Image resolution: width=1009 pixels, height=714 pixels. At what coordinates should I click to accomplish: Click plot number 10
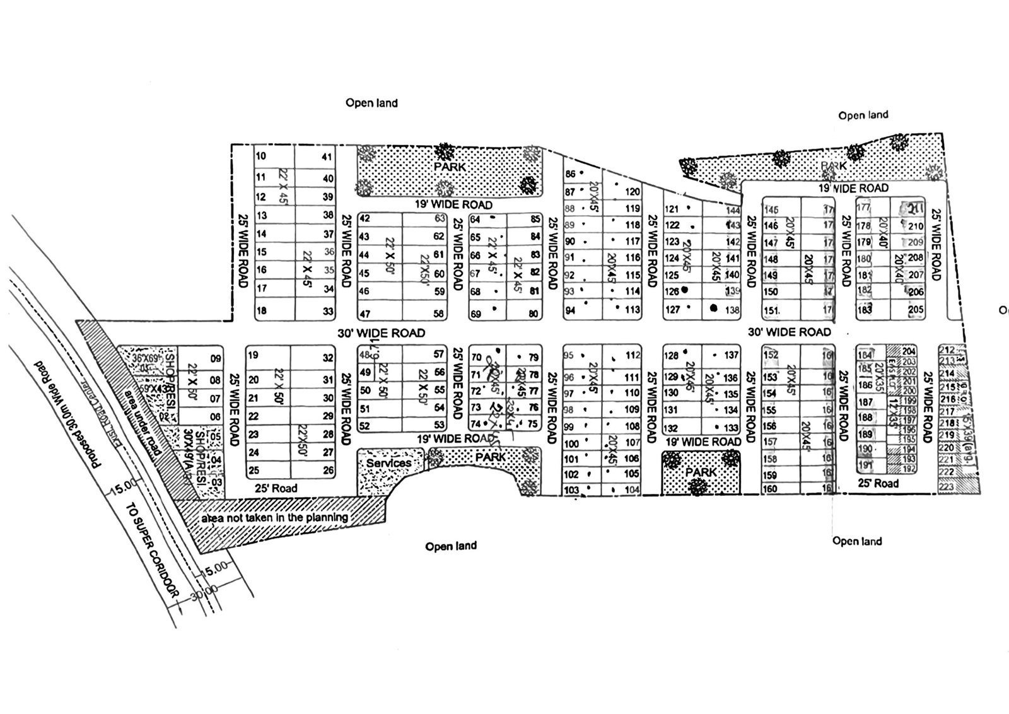(261, 156)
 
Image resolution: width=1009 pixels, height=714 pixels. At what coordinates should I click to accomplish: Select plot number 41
(327, 157)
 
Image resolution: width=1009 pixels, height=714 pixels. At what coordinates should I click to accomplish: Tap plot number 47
(365, 314)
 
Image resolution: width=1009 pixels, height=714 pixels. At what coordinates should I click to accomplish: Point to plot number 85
(535, 219)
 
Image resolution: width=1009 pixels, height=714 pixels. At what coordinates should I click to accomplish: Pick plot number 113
(633, 310)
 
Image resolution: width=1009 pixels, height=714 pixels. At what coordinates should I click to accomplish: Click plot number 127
(672, 310)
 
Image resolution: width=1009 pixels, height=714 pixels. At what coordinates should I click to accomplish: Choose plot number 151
(771, 310)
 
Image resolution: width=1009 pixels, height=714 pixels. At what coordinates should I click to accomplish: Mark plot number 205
(916, 310)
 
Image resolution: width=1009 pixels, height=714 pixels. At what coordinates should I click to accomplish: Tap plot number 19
(254, 355)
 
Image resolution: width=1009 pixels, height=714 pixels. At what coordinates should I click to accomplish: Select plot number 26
(328, 470)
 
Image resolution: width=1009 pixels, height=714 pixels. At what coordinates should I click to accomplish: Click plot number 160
(770, 489)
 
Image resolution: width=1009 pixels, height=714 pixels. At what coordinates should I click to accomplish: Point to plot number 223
(946, 487)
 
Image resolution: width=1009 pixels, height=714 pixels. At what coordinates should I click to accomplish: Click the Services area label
(389, 463)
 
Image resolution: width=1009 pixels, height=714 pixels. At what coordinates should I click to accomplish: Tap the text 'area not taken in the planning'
(274, 518)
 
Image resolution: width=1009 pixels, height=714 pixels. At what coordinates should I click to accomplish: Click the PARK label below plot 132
(701, 472)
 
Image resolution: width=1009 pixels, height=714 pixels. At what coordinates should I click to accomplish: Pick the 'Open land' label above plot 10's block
(371, 103)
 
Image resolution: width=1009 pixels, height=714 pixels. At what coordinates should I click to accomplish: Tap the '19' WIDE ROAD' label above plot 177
(853, 188)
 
